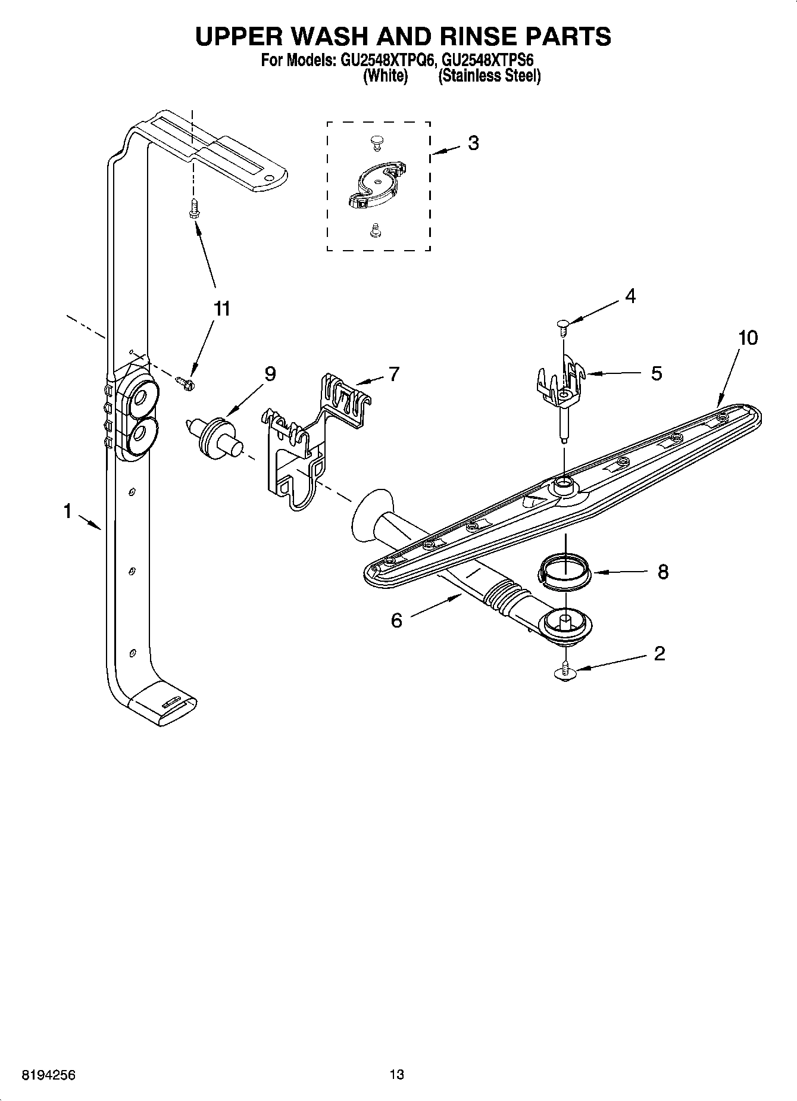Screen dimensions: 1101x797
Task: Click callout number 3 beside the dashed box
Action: [x=473, y=143]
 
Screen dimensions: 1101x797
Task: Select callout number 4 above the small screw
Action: [x=630, y=296]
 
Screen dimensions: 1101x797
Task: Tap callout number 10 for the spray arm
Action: [x=748, y=338]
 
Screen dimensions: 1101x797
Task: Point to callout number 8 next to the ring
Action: [x=662, y=572]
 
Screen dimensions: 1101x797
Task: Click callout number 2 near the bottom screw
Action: [x=659, y=654]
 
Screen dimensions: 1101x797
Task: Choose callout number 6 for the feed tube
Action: [x=396, y=620]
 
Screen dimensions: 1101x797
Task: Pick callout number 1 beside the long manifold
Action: [x=68, y=510]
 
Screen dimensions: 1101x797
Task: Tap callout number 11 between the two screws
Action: [x=221, y=308]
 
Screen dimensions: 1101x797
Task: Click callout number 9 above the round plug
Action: [x=270, y=374]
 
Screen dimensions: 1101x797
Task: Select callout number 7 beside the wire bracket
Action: [x=393, y=374]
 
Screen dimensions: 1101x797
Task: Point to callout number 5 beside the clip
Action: [x=656, y=373]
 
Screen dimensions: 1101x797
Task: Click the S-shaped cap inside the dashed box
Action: [x=375, y=185]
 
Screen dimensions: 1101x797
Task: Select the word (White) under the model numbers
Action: [x=385, y=76]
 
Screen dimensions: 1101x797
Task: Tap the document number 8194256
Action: [x=49, y=1074]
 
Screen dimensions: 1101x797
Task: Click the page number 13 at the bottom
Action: [x=397, y=1074]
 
